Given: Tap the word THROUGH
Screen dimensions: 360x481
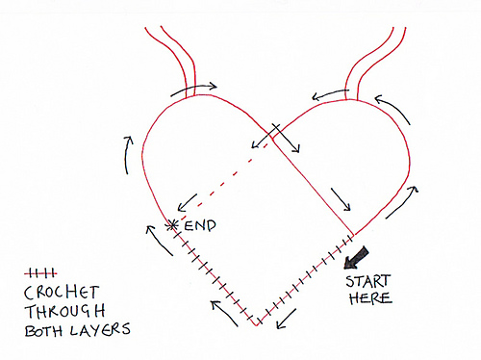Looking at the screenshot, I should tap(56, 312).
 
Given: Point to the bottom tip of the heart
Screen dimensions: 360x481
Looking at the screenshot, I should tap(257, 325).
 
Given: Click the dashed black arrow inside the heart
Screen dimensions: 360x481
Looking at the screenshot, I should tap(210, 184).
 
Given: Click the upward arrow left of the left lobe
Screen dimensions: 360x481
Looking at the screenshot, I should tap(127, 153).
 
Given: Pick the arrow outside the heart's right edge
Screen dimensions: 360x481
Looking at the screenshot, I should tap(408, 197).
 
